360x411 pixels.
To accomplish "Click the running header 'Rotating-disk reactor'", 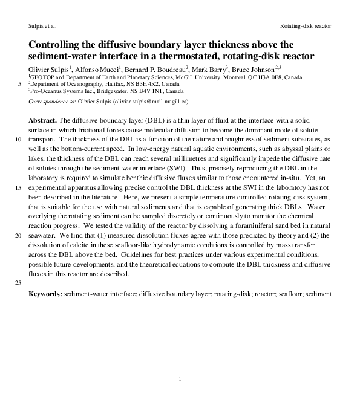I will click(x=306, y=27).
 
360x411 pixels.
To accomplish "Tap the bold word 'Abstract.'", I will click(x=42, y=121).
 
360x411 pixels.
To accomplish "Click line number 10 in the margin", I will click(x=16, y=139).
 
